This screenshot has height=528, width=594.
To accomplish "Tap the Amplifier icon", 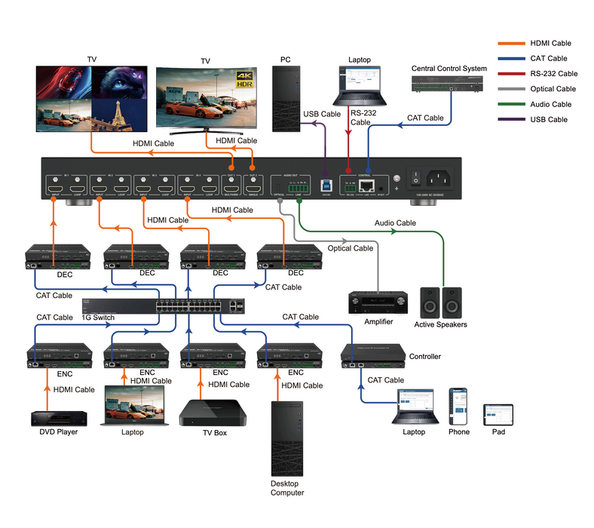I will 373,302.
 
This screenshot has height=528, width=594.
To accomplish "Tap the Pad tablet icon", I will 498,414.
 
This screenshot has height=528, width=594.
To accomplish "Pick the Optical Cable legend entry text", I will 554,89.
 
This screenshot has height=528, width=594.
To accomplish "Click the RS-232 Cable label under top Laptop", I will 361,117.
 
